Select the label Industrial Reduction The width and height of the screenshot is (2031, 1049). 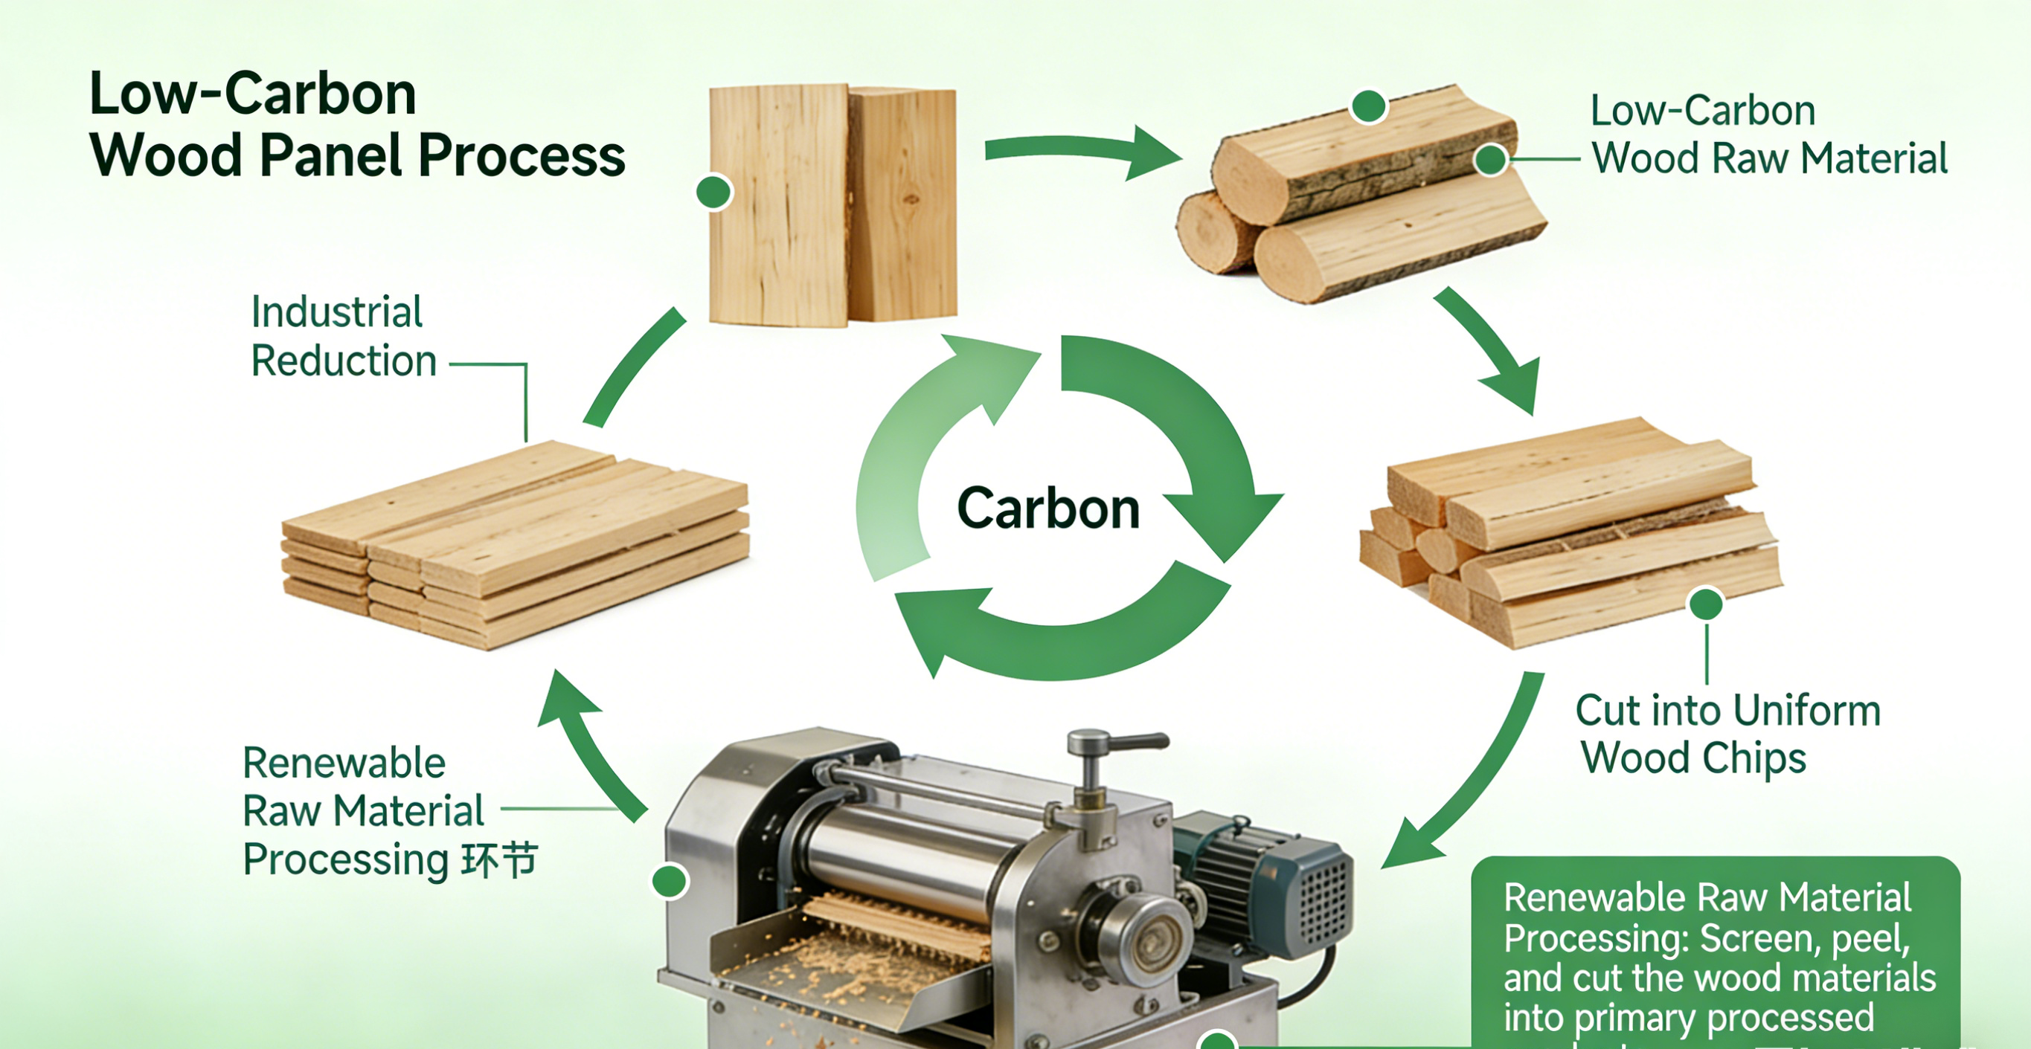pyautogui.click(x=343, y=337)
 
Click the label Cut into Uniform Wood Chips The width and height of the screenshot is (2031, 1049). pyautogui.click(x=1727, y=734)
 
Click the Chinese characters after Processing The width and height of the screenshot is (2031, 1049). pyautogui.click(x=498, y=859)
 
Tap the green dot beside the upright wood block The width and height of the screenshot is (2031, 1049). pyautogui.click(x=714, y=192)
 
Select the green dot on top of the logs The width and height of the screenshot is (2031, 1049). pyautogui.click(x=1369, y=106)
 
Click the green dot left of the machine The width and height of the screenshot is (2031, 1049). pyautogui.click(x=670, y=880)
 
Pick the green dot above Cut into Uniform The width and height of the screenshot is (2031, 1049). pyautogui.click(x=1705, y=604)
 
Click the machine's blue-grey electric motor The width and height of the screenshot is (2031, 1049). pyautogui.click(x=1269, y=875)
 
